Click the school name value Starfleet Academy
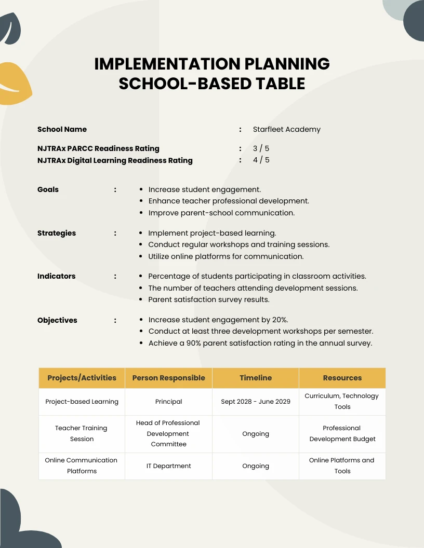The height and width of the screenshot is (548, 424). point(286,129)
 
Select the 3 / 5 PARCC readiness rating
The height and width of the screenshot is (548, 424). point(261,148)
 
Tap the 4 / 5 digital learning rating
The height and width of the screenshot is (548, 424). point(261,160)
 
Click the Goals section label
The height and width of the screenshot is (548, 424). point(48,189)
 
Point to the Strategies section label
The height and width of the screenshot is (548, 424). point(57,233)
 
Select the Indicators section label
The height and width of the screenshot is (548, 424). point(56,276)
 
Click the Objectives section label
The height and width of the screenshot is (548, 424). point(57,320)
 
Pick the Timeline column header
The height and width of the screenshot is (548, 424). point(256,378)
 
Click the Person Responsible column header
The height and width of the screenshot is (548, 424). point(168,378)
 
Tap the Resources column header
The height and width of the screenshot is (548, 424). point(342,378)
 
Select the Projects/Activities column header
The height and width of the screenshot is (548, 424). point(82,378)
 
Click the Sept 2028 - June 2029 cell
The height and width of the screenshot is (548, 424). point(256,402)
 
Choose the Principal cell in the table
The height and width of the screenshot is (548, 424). point(168,402)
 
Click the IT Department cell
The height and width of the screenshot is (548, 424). point(168,466)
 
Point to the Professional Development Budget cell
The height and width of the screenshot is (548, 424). point(342,433)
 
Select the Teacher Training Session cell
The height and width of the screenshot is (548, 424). point(82,433)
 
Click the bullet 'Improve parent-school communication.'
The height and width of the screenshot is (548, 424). point(221,213)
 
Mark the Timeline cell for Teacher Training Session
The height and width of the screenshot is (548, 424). point(256,434)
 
